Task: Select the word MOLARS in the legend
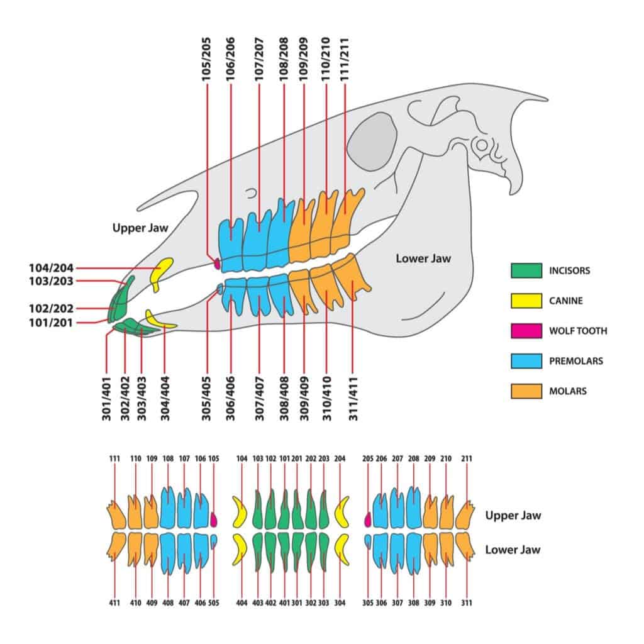point(567,391)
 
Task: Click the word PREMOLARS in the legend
point(575,361)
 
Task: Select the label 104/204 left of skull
point(51,268)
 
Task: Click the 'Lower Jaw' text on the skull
point(423,258)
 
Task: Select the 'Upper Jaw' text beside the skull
point(140,228)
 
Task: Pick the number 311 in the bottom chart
point(467,602)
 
